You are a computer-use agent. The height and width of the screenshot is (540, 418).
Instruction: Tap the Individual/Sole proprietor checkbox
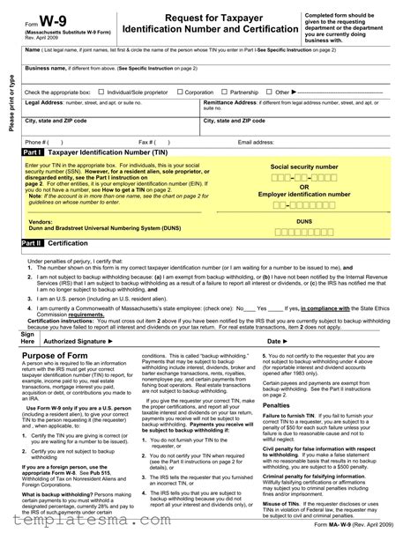coord(101,92)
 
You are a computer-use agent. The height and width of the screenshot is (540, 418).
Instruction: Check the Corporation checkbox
coord(179,92)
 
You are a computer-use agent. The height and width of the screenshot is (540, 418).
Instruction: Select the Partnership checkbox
coord(225,92)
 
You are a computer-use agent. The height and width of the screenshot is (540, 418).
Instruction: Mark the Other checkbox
coord(270,92)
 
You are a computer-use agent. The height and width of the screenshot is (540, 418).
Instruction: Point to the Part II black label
coord(33,241)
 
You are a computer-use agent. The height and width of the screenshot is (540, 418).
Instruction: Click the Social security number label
coord(304,166)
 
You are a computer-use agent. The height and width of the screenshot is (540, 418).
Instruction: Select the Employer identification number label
coord(304,193)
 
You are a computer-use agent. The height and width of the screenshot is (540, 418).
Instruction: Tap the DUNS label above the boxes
coord(304,221)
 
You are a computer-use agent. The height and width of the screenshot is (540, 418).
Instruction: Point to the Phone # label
coord(37,141)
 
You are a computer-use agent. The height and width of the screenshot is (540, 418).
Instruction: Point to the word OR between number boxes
coord(304,186)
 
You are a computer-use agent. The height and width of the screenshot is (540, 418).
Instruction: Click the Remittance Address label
coord(235,102)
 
